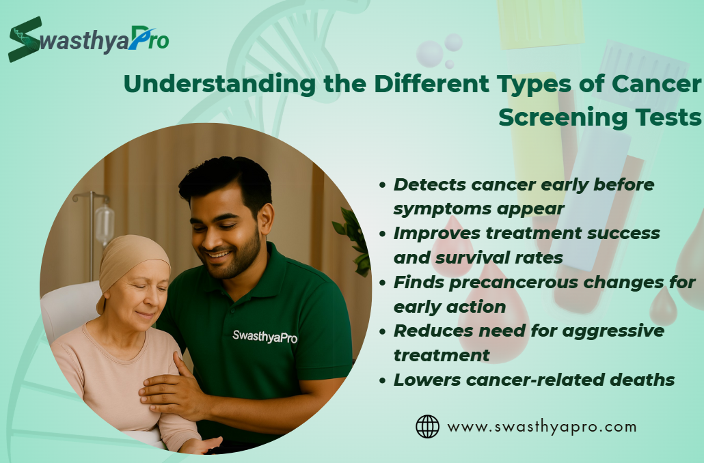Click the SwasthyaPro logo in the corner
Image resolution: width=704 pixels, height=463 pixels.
point(88,40)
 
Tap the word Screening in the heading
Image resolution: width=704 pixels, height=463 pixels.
point(560,117)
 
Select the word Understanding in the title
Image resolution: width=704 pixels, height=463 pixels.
point(220,85)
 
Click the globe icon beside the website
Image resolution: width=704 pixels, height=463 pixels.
point(427,426)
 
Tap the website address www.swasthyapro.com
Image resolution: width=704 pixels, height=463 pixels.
point(542,427)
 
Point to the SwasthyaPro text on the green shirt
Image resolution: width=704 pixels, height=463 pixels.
point(265,337)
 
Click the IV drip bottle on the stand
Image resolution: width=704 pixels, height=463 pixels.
point(104,223)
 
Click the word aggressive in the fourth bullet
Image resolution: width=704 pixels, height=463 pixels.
point(613,331)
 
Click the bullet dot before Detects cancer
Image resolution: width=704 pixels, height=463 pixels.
point(383,185)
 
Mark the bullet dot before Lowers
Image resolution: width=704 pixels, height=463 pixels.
point(383,380)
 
